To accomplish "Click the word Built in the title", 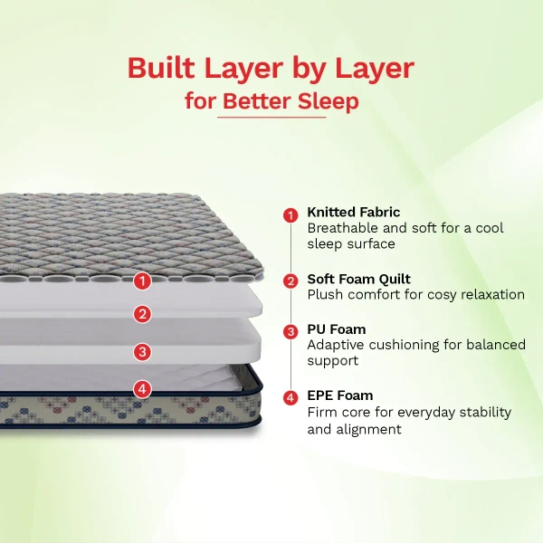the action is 161,68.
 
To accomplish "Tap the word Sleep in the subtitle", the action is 328,101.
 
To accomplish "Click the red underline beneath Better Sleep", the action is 271,118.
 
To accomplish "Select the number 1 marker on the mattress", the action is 142,281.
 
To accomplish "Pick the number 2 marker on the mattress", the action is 142,314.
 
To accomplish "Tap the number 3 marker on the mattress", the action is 142,352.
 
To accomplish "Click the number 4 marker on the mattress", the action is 142,389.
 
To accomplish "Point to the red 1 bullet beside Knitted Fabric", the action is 291,215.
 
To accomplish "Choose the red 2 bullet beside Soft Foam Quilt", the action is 291,281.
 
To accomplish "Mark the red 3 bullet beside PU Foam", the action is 291,331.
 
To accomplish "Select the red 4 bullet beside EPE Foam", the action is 291,397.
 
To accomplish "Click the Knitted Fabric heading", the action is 354,212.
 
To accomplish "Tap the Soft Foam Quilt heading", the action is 358,279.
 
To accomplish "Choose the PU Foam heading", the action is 337,329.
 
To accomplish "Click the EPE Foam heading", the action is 340,395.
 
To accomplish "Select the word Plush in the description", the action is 325,294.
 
